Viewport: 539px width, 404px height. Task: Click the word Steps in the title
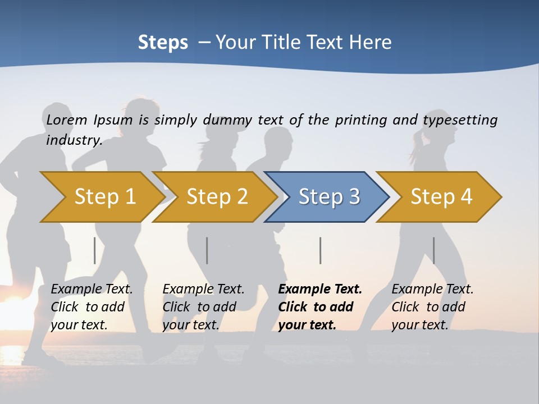163,43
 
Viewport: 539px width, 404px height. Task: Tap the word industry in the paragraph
74,140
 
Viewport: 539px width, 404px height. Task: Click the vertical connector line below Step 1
95,250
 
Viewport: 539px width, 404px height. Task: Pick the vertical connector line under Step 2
207,250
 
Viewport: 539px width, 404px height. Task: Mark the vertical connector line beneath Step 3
320,250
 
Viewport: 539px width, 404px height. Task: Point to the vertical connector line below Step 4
433,250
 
